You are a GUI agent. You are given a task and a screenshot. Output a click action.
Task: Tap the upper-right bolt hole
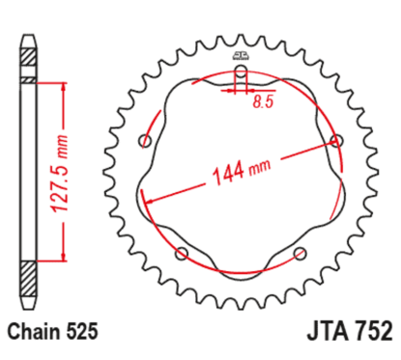[337, 141]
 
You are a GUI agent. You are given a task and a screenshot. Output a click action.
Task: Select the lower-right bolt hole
[298, 256]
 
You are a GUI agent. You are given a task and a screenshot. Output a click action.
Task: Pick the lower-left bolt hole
[183, 256]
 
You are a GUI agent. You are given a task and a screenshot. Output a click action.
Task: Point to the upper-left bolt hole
[146, 142]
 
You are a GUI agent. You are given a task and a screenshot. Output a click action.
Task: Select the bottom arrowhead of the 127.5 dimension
[65, 255]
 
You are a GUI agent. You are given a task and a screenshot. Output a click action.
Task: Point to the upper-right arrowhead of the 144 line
[331, 143]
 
